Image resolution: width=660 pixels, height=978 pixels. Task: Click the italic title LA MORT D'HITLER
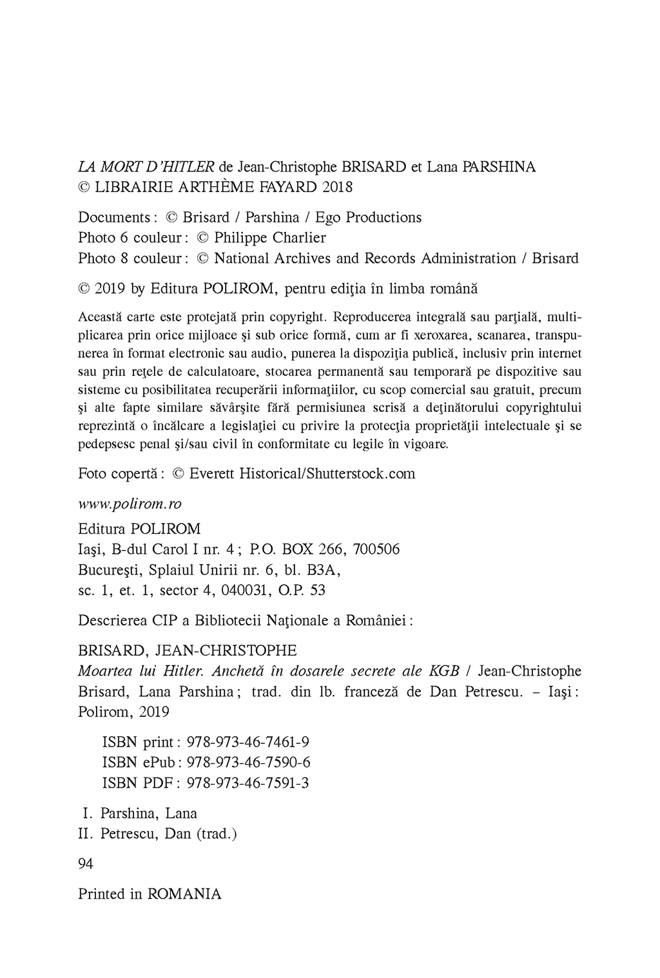click(x=146, y=167)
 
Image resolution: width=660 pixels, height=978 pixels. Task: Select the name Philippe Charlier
click(x=270, y=238)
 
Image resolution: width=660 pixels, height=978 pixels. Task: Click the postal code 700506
click(x=376, y=550)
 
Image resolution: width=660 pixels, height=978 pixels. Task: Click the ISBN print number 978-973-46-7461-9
click(x=247, y=741)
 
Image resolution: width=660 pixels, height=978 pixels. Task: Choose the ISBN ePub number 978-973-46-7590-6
click(x=248, y=762)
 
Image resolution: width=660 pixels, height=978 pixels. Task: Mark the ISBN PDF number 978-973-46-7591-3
click(x=247, y=783)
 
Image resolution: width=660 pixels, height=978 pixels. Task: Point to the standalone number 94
click(x=86, y=864)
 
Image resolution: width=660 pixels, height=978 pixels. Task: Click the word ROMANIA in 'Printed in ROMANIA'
click(x=184, y=894)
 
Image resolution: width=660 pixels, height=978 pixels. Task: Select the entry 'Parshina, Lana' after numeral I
click(x=149, y=814)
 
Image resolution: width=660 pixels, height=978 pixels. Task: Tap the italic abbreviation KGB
click(x=444, y=670)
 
